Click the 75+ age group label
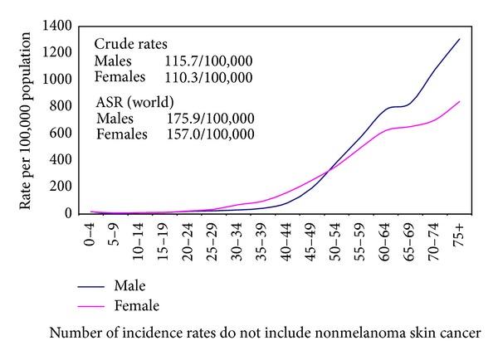click(459, 231)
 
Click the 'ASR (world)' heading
click(134, 103)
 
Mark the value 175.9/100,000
click(207, 119)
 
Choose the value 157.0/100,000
click(207, 134)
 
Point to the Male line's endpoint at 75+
click(459, 39)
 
